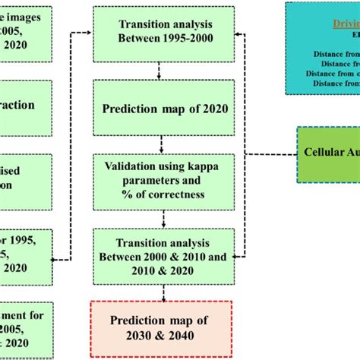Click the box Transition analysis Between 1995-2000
coord(159,34)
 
